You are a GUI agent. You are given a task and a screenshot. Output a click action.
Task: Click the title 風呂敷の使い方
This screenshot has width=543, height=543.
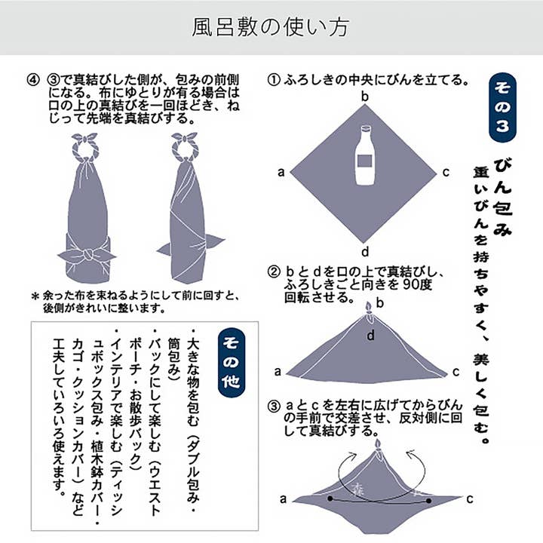[271, 28]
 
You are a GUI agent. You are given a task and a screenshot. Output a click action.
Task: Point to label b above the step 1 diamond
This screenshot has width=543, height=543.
[364, 97]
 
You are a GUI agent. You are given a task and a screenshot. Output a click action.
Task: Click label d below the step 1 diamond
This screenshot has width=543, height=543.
[364, 251]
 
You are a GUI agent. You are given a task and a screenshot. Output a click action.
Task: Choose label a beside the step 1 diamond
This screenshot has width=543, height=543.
[281, 173]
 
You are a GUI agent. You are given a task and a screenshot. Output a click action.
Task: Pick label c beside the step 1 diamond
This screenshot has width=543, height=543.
[446, 173]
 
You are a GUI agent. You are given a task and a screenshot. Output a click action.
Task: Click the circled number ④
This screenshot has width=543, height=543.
[32, 79]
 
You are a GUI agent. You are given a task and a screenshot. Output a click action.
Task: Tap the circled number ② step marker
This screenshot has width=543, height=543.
[274, 271]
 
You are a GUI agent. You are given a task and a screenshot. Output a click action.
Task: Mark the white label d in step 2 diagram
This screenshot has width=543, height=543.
[371, 335]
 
